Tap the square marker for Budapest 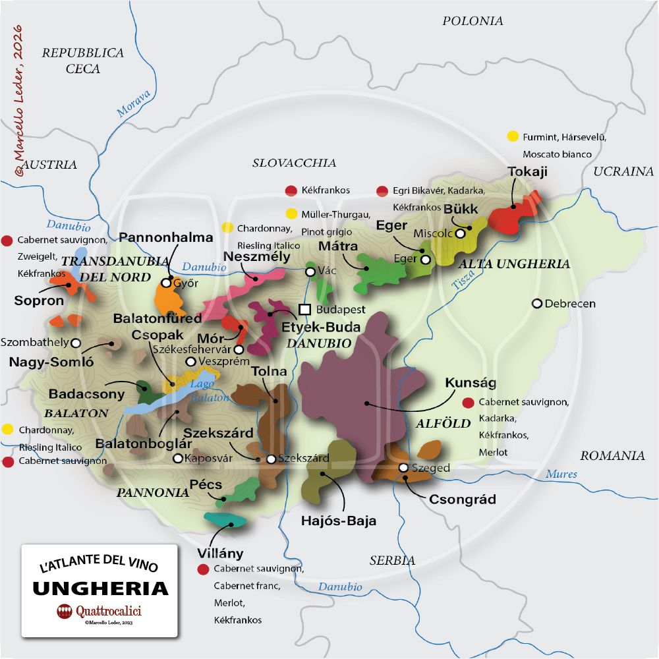[x=304, y=309]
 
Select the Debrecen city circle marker [x=537, y=304]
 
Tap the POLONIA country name [x=473, y=21]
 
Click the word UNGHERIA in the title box [x=100, y=587]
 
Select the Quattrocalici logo [x=100, y=611]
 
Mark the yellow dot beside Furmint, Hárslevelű [x=513, y=137]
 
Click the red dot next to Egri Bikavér [x=382, y=191]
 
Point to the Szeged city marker [x=403, y=468]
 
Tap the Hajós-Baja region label [x=338, y=521]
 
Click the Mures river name [x=561, y=474]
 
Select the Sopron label [x=39, y=301]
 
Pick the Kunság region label [x=471, y=383]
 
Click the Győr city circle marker [x=166, y=283]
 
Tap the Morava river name [x=134, y=103]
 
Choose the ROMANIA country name [x=612, y=455]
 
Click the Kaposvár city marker [x=177, y=458]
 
